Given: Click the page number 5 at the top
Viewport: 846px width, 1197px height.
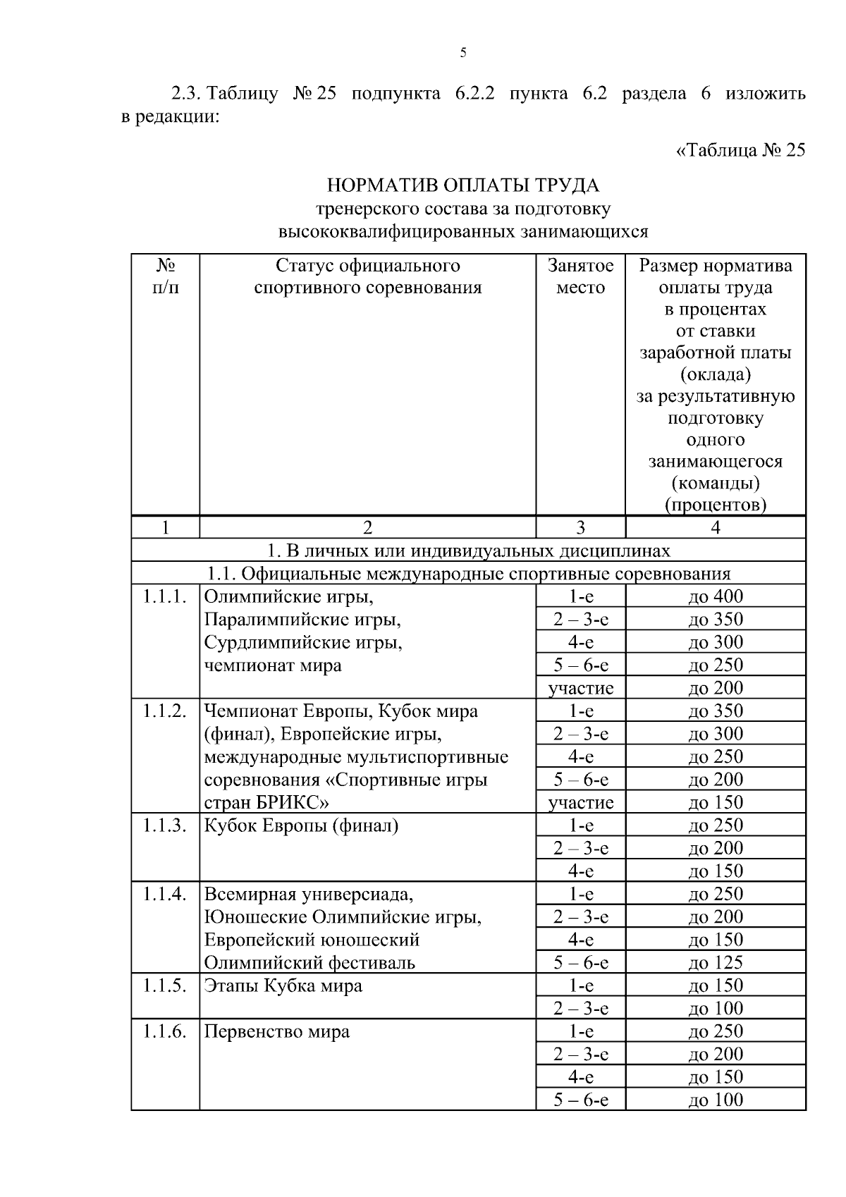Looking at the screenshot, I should [463, 53].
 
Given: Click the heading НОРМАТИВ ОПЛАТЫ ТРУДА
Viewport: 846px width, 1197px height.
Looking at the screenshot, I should [463, 185].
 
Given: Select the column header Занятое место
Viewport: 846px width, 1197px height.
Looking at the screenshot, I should [580, 276].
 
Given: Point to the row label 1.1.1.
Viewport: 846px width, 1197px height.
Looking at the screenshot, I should [164, 597].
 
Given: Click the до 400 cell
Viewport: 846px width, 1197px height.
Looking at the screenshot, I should [716, 596].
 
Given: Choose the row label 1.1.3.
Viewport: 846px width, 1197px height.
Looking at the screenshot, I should [164, 825].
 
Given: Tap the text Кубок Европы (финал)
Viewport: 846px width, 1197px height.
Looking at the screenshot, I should [301, 825].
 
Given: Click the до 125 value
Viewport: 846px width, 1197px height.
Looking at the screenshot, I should [716, 962].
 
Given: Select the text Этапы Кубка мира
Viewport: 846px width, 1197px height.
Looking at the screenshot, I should [283, 986].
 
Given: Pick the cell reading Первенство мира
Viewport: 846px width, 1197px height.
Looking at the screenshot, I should [277, 1031].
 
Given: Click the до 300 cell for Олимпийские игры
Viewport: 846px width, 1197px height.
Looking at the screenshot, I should [716, 642].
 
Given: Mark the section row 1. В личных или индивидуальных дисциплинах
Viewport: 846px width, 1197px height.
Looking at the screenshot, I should [468, 551].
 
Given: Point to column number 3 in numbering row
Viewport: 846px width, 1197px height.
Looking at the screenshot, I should [580, 528].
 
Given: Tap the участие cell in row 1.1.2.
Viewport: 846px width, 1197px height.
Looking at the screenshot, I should [580, 802].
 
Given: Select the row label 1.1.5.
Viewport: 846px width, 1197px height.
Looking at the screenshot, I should [164, 986].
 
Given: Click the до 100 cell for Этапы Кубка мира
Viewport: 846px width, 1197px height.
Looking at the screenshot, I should [716, 1008].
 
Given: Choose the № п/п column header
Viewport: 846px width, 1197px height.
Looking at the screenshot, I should [165, 276].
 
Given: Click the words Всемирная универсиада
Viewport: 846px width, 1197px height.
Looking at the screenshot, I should [308, 894].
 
